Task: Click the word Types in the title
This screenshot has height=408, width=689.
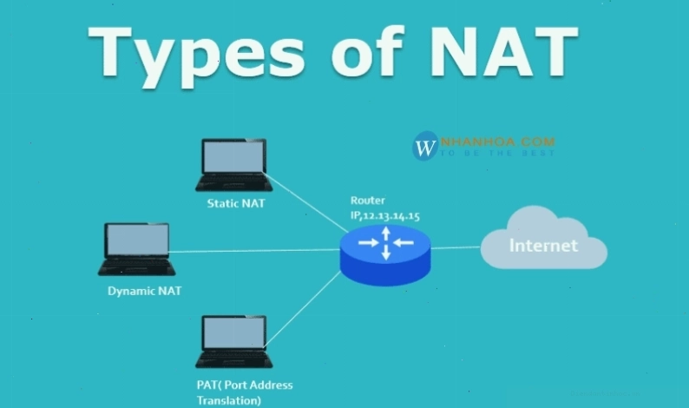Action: click(196, 56)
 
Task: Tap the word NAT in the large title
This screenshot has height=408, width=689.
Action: click(504, 52)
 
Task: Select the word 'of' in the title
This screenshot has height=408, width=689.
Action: click(367, 50)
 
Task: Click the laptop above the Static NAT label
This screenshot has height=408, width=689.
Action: click(233, 165)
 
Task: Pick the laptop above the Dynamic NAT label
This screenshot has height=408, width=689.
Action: click(136, 249)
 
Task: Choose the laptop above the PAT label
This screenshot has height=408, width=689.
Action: click(233, 342)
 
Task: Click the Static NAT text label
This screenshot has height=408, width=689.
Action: click(236, 203)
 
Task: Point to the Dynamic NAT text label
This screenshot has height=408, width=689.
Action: click(145, 291)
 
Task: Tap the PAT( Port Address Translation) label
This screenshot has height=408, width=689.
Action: click(245, 392)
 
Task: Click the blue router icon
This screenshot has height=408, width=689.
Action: click(385, 254)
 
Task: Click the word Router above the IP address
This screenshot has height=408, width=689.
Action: click(368, 201)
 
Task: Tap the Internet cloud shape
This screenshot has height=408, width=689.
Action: click(544, 239)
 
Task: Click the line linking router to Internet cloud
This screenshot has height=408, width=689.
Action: click(456, 247)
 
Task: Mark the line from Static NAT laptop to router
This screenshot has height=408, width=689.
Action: click(305, 202)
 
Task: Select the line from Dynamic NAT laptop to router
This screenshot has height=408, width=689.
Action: click(254, 251)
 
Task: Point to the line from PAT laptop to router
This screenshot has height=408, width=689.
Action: click(303, 309)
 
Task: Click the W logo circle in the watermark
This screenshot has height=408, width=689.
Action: click(425, 146)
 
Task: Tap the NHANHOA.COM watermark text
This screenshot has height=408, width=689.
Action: click(498, 141)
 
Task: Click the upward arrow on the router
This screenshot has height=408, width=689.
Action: click(386, 234)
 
